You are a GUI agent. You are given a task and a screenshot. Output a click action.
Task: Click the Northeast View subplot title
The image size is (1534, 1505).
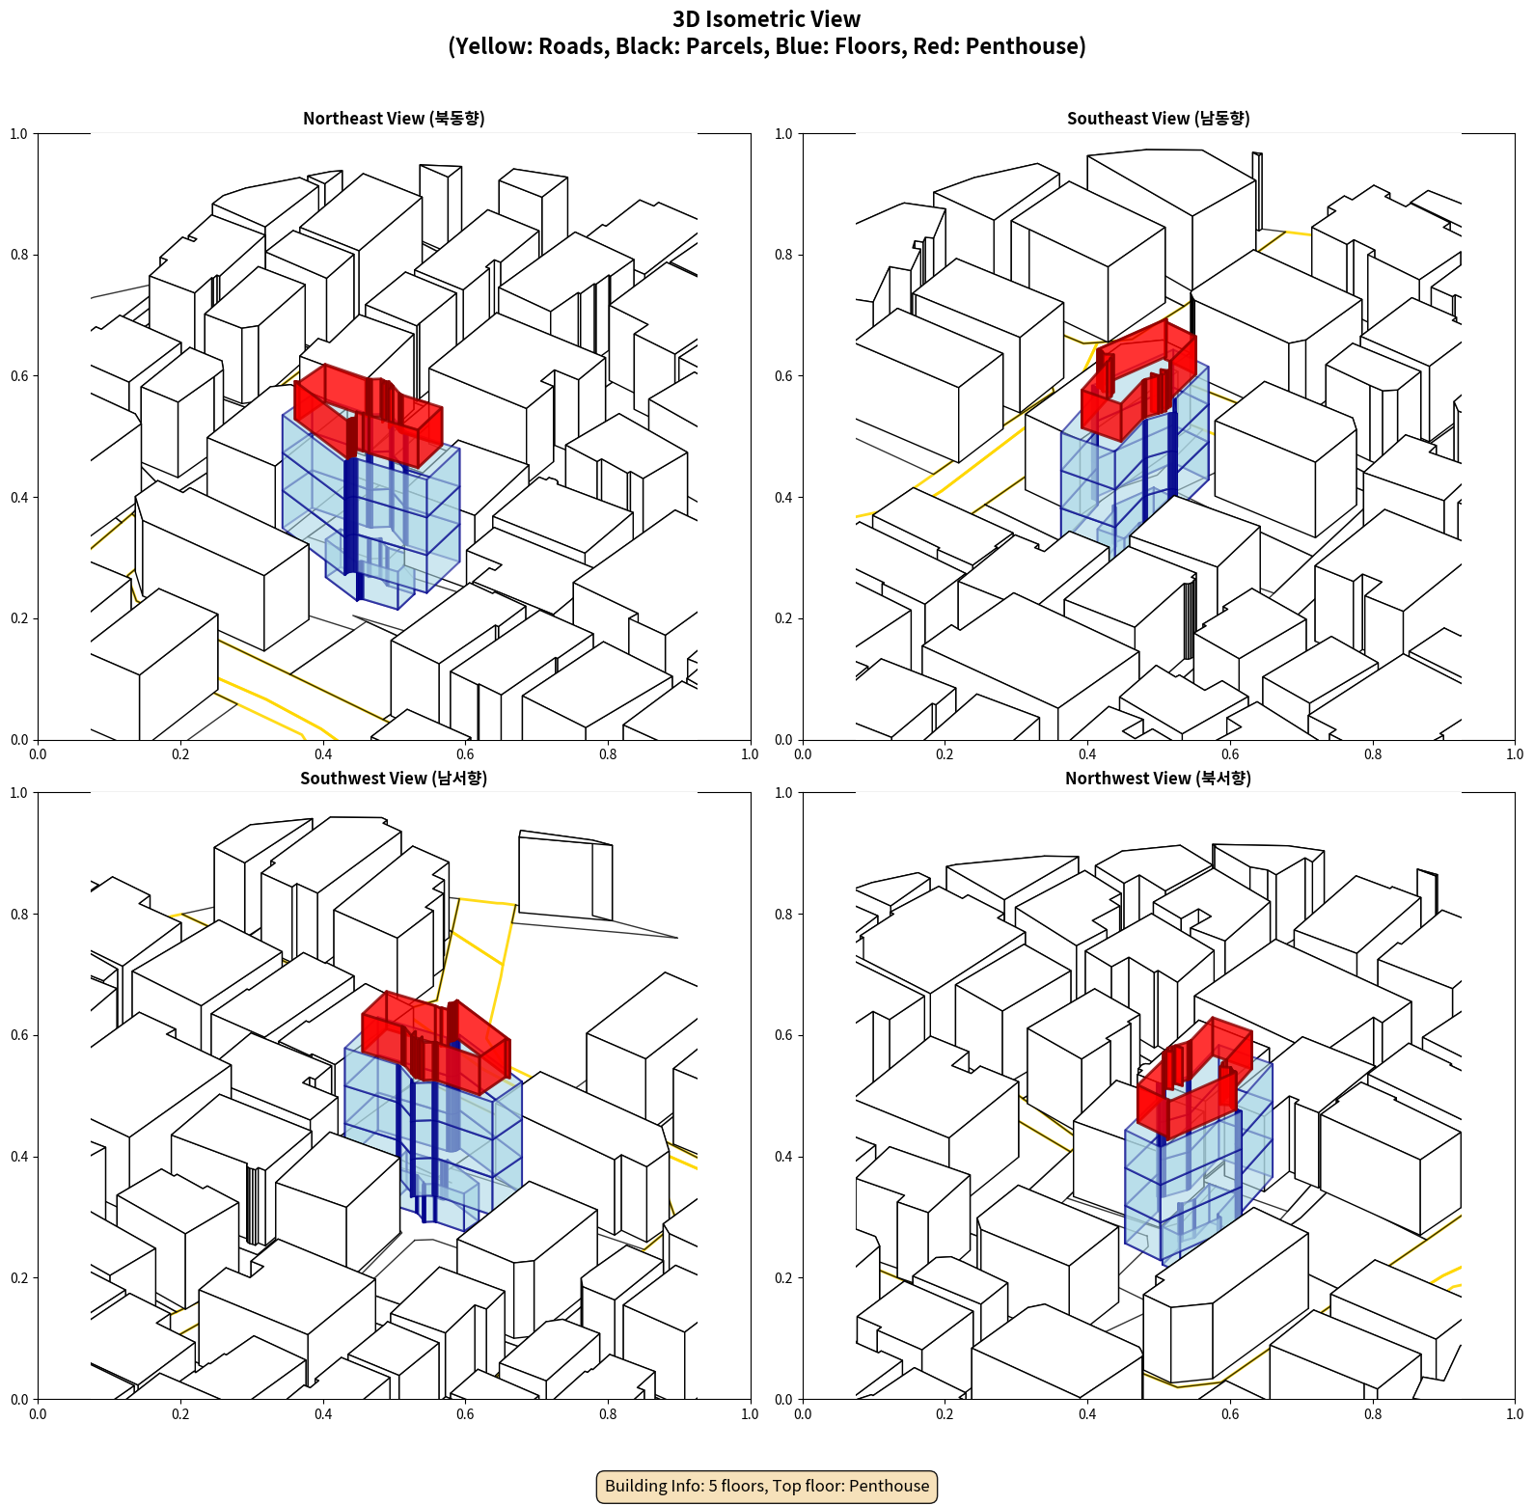tap(394, 118)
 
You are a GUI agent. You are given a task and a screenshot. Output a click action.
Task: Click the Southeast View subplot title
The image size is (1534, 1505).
tap(1158, 118)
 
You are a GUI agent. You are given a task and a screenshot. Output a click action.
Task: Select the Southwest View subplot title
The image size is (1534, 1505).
tap(394, 778)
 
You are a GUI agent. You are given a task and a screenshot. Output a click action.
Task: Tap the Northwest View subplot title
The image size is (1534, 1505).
tap(1158, 778)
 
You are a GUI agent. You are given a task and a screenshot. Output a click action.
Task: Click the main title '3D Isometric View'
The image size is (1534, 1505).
tap(767, 19)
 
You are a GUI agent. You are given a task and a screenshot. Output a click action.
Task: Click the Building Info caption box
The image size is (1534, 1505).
tap(767, 1486)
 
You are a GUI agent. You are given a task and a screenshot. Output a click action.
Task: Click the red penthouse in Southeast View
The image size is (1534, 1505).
tap(1138, 378)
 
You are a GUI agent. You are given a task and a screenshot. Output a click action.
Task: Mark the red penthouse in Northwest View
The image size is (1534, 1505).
tap(1194, 1078)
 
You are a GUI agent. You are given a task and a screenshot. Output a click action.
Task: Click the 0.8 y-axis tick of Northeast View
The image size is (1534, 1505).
tap(19, 255)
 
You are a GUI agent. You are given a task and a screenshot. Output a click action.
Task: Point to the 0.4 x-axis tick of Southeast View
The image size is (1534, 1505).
tap(1087, 754)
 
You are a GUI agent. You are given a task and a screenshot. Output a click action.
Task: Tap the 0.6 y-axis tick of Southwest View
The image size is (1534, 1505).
tap(19, 1035)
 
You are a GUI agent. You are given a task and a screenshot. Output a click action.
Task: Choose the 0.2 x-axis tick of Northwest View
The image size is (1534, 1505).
tap(945, 1414)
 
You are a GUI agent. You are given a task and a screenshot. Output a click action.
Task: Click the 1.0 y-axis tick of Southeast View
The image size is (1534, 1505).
tap(783, 133)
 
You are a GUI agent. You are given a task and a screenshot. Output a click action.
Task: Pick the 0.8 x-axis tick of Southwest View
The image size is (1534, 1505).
tap(608, 1414)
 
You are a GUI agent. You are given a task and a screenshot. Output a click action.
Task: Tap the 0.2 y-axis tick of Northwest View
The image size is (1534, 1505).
tap(783, 1277)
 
